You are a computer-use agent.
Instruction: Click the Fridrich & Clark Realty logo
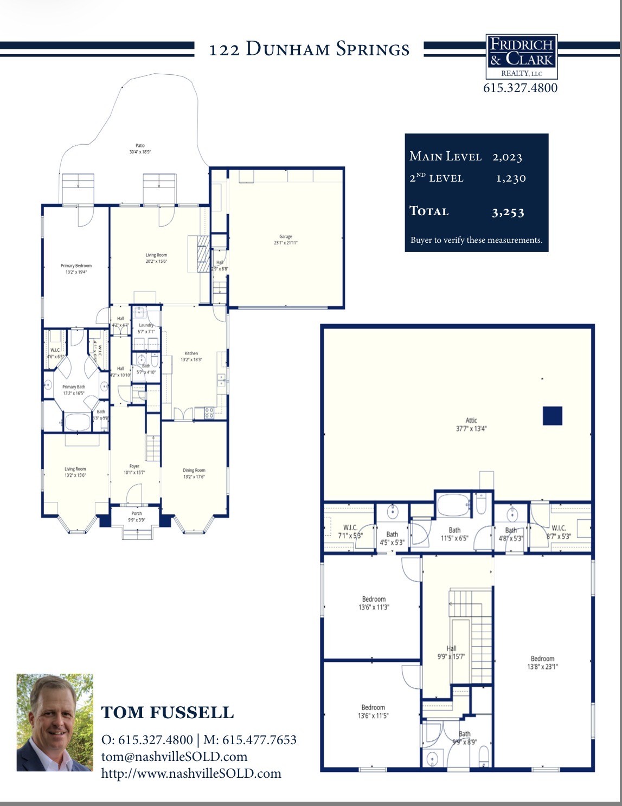pyautogui.click(x=521, y=57)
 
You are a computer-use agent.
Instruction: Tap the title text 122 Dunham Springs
pyautogui.click(x=309, y=49)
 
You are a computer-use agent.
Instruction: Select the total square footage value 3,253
pyautogui.click(x=508, y=212)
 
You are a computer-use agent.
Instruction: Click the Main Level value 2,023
pyautogui.click(x=507, y=157)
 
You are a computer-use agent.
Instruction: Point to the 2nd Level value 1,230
pyautogui.click(x=510, y=178)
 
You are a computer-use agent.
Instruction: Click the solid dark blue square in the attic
pyautogui.click(x=552, y=416)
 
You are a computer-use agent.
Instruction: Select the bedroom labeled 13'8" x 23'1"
pyautogui.click(x=542, y=662)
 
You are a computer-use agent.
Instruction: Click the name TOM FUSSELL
pyautogui.click(x=168, y=712)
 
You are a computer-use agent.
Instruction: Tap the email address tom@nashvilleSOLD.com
pyautogui.click(x=174, y=757)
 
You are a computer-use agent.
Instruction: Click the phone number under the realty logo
pyautogui.click(x=520, y=88)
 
